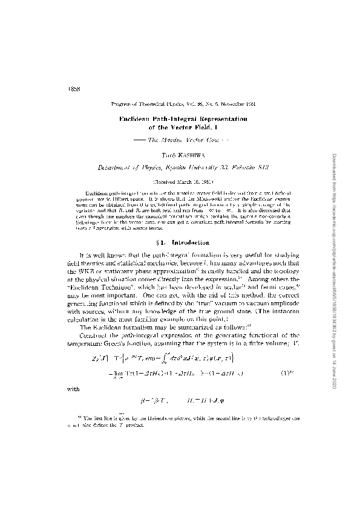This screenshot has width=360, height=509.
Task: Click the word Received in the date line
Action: point(162,180)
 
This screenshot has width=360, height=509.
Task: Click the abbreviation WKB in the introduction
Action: point(104,254)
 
